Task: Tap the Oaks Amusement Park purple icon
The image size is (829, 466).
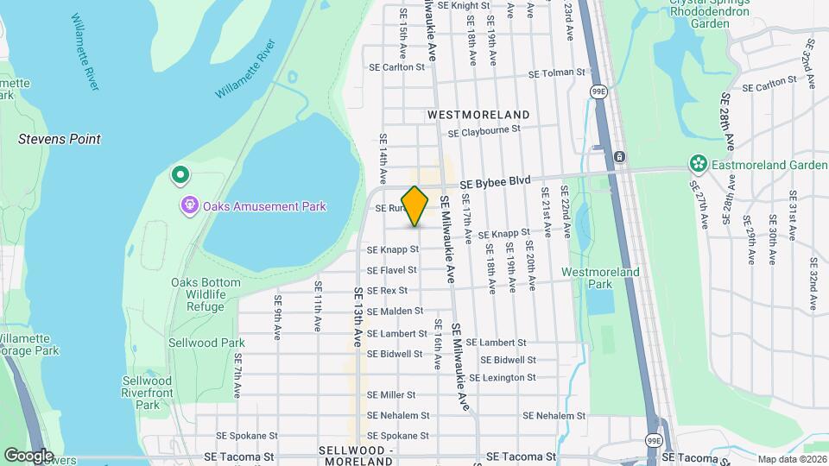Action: coord(189,205)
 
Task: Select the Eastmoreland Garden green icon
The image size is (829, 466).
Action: coord(698,164)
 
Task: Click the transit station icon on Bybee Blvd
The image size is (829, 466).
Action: coord(619,156)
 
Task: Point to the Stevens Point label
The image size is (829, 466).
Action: coord(60,139)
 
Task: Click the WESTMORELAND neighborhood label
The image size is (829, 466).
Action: coord(478,115)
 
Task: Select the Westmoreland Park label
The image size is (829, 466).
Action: coord(600,278)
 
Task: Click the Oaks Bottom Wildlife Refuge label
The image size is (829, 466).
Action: coord(198,294)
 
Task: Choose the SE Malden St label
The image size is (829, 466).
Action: coord(395,311)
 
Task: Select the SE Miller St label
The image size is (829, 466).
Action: coord(391,395)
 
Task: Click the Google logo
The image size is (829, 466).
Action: coord(29,455)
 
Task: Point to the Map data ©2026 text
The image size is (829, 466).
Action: coord(792,459)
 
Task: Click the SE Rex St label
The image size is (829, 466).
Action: coord(387,291)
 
